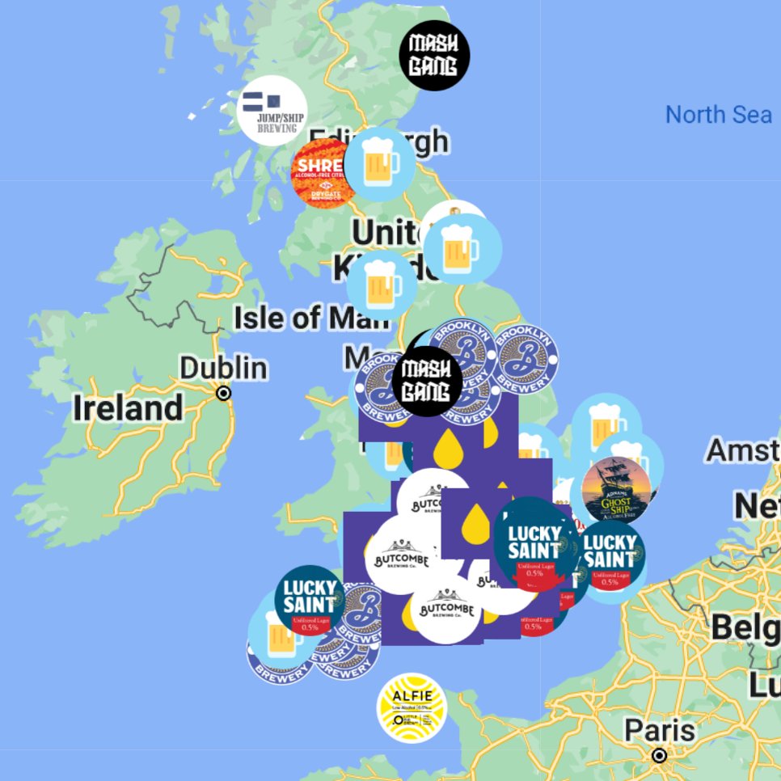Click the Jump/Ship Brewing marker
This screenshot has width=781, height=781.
(272, 110)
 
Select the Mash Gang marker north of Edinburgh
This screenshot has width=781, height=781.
(434, 55)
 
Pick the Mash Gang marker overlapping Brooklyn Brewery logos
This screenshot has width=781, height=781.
(427, 381)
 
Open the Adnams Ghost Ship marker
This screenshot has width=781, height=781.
(616, 490)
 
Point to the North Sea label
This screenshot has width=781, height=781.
(718, 115)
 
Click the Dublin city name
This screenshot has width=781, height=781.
(223, 369)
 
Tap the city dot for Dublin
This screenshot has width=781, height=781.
(224, 393)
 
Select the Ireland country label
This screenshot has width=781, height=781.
(129, 408)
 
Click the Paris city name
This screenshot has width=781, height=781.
(660, 732)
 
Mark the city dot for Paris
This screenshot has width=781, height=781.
(660, 756)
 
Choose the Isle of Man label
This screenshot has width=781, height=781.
(311, 318)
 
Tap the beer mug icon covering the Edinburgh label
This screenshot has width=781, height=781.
(379, 164)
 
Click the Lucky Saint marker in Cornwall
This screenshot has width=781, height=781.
(309, 600)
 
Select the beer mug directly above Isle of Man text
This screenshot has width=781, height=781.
(382, 284)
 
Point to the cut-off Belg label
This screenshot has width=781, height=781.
(744, 627)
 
